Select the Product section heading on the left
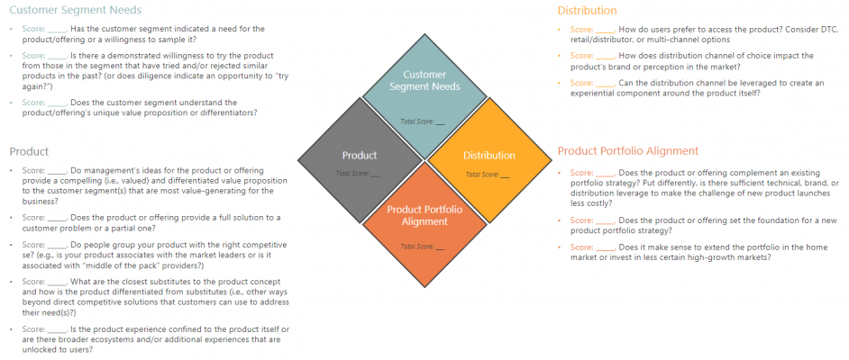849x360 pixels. [29, 151]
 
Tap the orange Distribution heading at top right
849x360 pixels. [587, 10]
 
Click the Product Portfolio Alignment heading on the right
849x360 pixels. [628, 150]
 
